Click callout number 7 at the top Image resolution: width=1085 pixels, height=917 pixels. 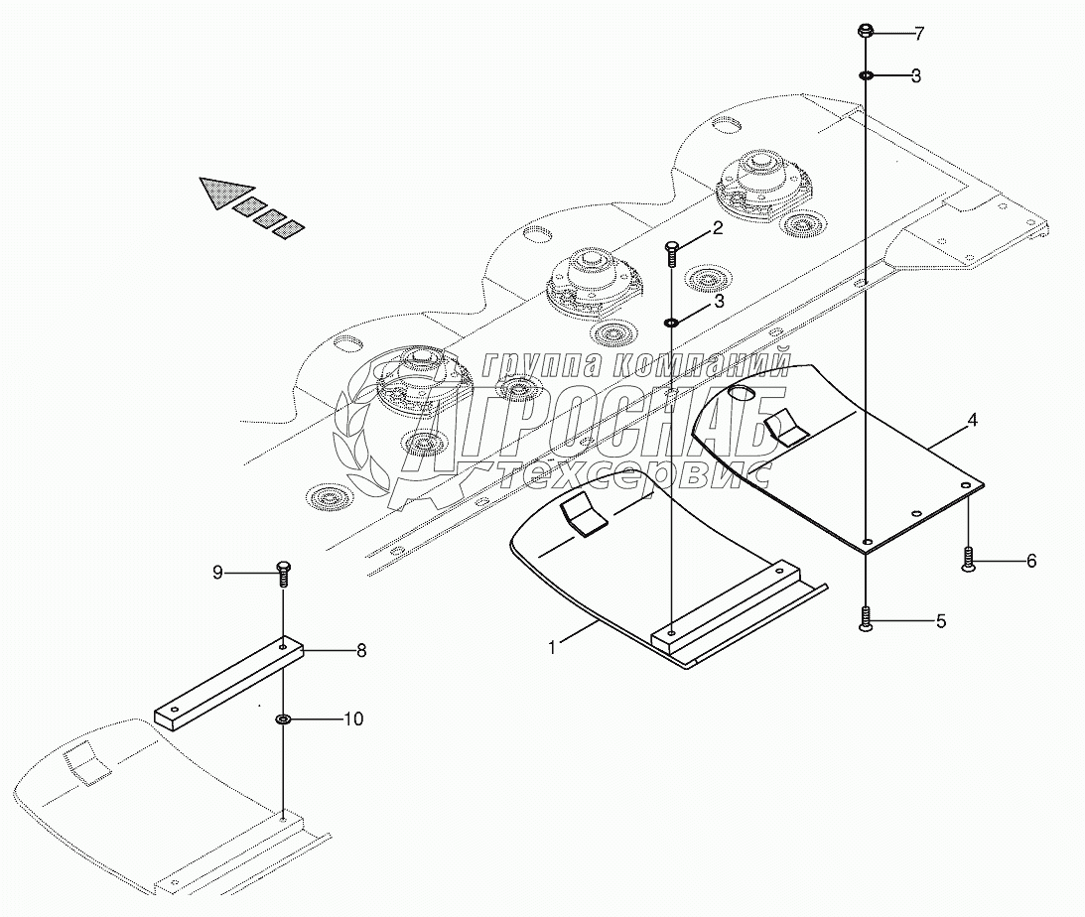pos(919,35)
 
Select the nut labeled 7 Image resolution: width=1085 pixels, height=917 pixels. pos(866,32)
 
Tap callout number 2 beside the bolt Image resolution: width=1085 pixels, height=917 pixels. pos(716,230)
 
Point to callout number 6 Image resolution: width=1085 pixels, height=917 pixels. pos(1030,561)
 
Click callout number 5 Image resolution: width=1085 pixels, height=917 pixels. pos(940,622)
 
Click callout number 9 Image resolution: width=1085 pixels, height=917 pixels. pos(216,572)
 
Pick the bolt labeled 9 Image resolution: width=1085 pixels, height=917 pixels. pos(283,572)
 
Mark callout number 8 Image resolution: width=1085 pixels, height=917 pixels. pos(361,651)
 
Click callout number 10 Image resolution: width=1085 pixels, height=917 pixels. pos(353,718)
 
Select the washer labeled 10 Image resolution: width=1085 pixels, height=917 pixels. pos(283,718)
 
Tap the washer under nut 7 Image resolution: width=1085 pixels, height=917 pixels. pos(866,75)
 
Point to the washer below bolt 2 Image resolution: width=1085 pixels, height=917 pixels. pos(672,321)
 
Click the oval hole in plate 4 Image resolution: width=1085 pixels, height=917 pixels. pos(744,394)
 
